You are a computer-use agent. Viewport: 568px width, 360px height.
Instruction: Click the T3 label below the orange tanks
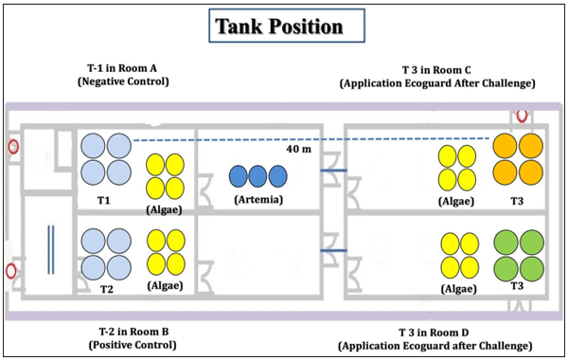516,201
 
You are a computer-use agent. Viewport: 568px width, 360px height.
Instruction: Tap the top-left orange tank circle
505,145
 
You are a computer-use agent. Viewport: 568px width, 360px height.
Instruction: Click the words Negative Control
122,82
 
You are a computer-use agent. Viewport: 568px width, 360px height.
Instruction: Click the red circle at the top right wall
522,115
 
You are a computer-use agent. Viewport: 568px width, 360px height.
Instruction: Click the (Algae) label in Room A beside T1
165,201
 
